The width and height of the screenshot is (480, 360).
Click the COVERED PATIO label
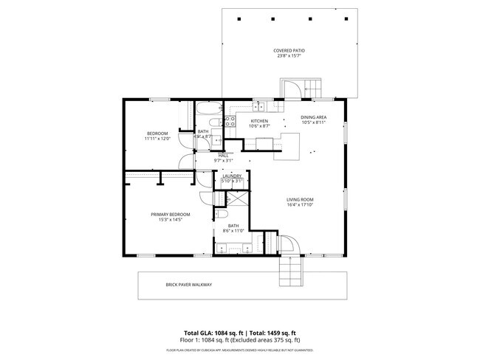click(x=290, y=50)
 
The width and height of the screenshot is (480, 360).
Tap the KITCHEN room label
click(x=258, y=121)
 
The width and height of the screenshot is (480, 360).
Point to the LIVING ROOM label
click(x=301, y=199)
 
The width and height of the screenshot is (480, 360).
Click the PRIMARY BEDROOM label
click(x=167, y=215)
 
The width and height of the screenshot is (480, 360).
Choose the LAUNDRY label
click(x=232, y=176)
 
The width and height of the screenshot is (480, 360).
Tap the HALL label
click(x=223, y=155)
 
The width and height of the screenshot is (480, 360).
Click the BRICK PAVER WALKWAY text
click(x=188, y=285)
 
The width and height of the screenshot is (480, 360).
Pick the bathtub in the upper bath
click(x=207, y=111)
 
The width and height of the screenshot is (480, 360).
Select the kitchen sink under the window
click(x=260, y=108)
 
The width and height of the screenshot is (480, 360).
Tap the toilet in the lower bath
click(x=221, y=214)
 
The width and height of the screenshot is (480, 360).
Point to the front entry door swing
click(x=286, y=246)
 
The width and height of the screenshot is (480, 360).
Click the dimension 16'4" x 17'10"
click(x=301, y=205)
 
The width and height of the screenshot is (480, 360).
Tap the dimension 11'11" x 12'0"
click(x=157, y=139)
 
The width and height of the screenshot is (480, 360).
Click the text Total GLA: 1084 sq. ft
click(x=215, y=332)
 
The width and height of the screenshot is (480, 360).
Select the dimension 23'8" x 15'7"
click(x=290, y=56)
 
